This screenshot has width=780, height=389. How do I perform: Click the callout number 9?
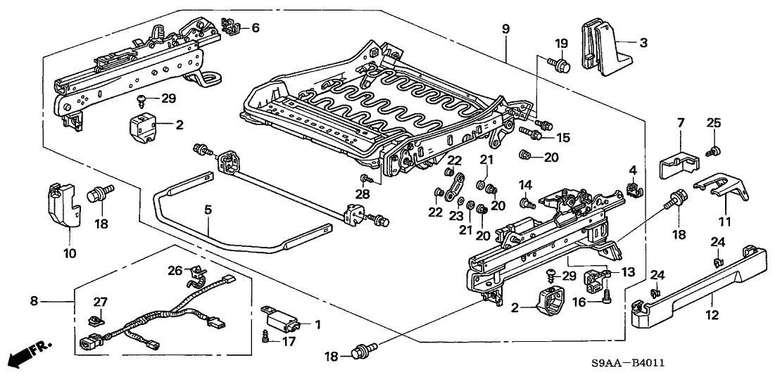pos(506,29)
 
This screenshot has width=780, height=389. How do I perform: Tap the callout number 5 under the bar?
pos(208,210)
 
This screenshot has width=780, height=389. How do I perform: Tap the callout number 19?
pos(560,44)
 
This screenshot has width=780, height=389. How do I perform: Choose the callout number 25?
pos(714,124)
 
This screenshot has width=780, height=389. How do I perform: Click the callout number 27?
pos(101,302)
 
